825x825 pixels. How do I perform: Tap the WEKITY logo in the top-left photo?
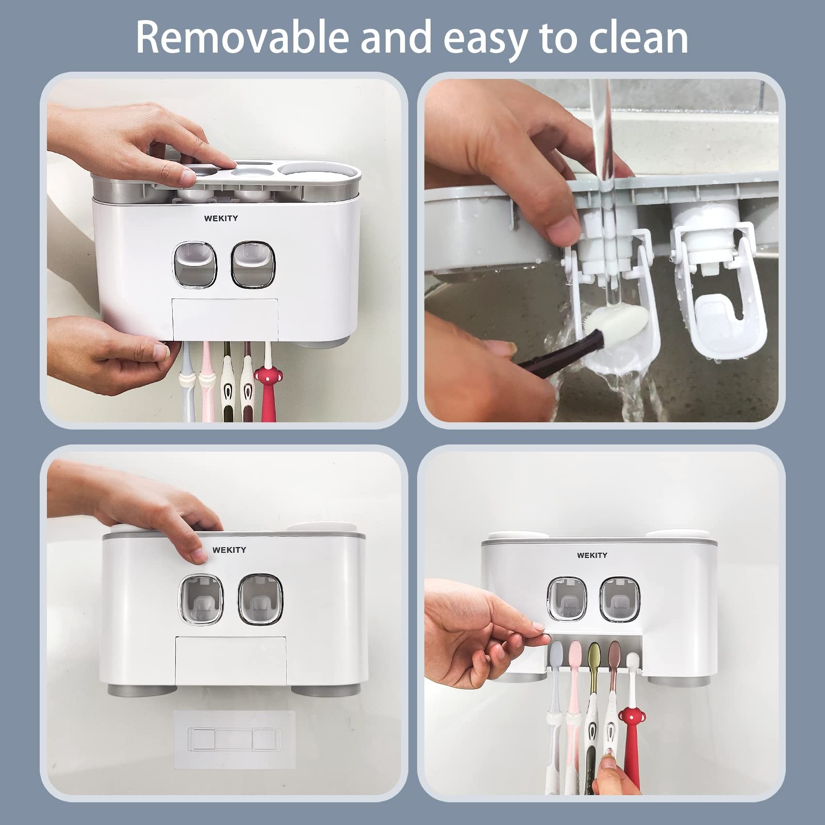coord(221,218)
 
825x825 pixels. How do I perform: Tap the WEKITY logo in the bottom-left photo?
coord(229,550)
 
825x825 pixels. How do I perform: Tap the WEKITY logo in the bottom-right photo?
coord(592,555)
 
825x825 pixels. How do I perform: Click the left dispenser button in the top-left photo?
coord(195,264)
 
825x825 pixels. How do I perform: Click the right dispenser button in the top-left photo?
coord(253,264)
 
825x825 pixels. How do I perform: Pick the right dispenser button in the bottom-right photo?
coord(620,599)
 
